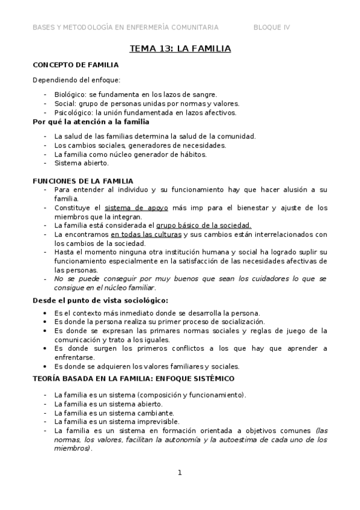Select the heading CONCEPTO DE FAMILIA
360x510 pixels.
pos(75,65)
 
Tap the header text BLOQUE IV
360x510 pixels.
pos(271,27)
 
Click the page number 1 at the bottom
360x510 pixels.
pos(179,473)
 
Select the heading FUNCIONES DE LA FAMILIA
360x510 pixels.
pos(82,181)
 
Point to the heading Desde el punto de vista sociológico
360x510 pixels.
pos(100,301)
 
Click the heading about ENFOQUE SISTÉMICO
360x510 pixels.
pos(133,379)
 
